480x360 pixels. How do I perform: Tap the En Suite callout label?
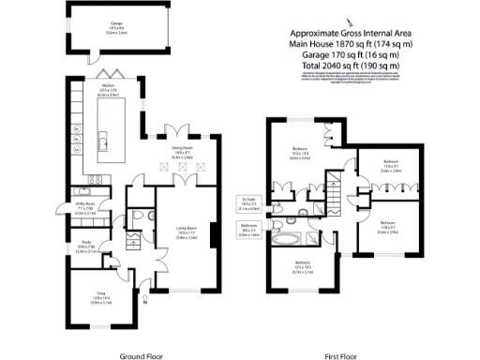[x=248, y=202]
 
